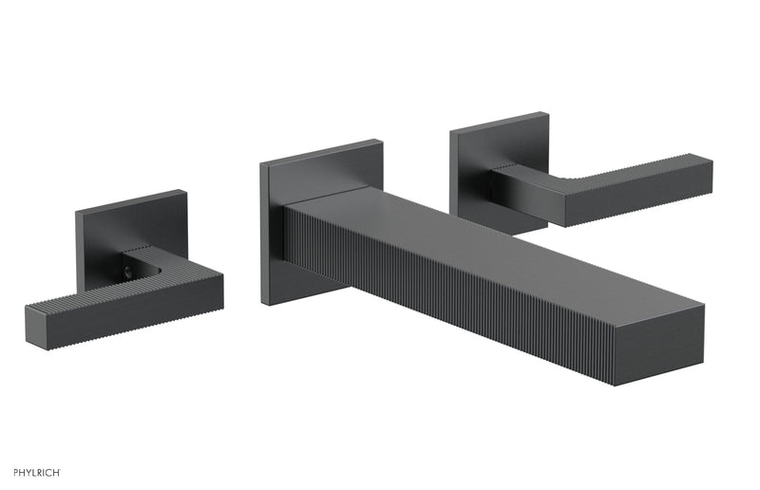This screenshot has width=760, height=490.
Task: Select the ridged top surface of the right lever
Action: (x=646, y=166)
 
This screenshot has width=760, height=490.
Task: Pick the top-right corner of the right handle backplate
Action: (x=548, y=114)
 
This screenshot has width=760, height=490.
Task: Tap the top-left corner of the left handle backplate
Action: (x=78, y=208)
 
